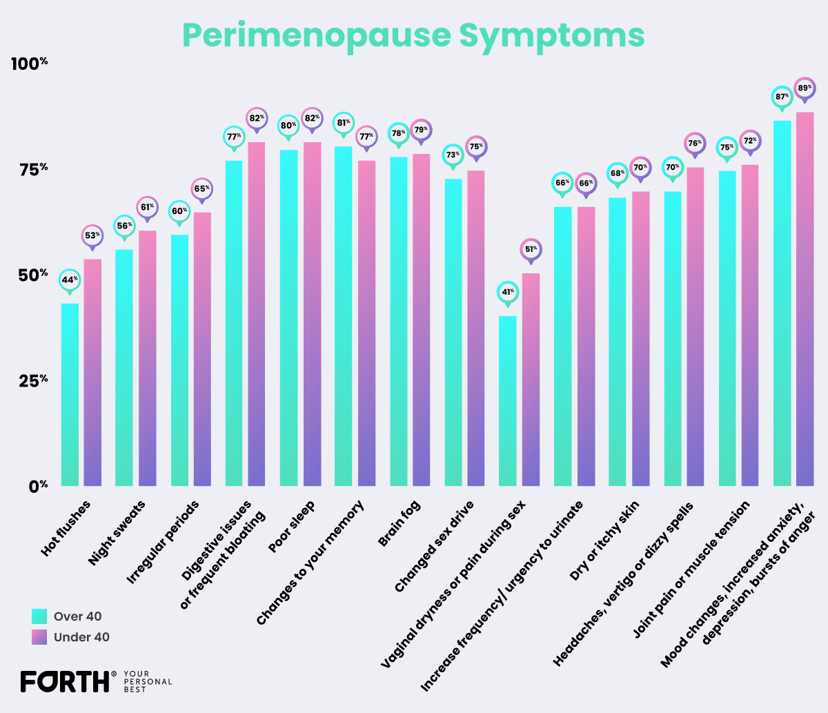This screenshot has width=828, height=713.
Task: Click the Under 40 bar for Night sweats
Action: [x=147, y=359]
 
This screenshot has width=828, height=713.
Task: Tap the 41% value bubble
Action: [x=508, y=292]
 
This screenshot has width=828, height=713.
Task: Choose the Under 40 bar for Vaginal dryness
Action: [x=531, y=380]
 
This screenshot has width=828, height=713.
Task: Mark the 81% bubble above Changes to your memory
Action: [x=343, y=123]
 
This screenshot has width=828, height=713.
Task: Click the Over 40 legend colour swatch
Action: [x=39, y=616]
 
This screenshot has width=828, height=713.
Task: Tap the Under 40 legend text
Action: [x=81, y=637]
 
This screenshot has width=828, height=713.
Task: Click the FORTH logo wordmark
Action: [x=65, y=681]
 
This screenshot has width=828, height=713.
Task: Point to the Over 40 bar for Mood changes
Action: [x=782, y=304]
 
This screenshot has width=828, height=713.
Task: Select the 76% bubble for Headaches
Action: [x=694, y=144]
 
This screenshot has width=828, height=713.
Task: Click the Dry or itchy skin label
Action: [x=604, y=540]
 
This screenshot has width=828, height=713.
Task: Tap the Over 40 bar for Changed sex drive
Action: [x=453, y=332]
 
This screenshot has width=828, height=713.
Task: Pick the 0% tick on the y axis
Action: [x=38, y=486]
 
